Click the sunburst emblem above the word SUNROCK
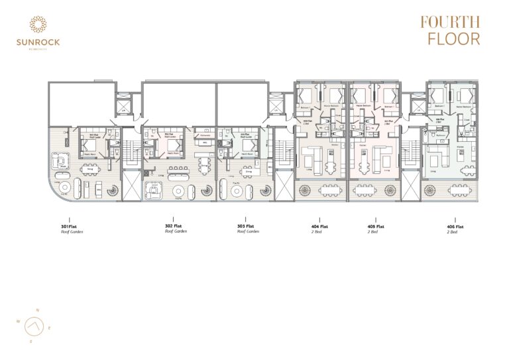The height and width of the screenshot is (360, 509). pos(38,25)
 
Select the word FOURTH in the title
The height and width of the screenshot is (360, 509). pos(450,22)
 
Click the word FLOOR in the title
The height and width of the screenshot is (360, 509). pos(454,38)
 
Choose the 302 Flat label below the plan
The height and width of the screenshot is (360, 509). pos(173,227)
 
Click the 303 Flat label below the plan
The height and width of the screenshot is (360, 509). pos(246,227)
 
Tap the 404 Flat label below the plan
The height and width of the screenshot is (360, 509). pos(320,227)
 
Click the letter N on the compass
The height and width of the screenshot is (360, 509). pos(38,310)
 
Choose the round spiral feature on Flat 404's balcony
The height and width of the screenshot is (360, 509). pos(307,191)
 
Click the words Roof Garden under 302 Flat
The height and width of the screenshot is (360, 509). pos(173,232)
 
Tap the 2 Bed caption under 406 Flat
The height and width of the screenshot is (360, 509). pos(453,232)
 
